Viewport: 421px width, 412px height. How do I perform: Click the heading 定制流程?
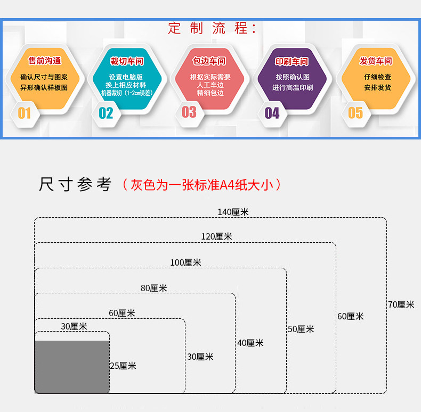[213, 28]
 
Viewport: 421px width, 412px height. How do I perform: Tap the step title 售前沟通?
[45, 61]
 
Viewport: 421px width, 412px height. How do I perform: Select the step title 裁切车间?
[127, 61]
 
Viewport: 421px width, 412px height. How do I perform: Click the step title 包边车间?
[209, 61]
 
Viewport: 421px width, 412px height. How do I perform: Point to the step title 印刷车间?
[292, 62]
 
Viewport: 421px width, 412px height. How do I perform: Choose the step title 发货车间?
[376, 61]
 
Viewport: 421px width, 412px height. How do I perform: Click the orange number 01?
[25, 113]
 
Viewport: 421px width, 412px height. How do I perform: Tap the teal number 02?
[106, 113]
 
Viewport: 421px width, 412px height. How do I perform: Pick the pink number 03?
[189, 112]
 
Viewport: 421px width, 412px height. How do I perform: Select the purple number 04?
[272, 113]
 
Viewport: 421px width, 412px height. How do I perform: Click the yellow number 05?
[355, 113]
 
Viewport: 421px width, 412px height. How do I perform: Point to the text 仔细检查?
[377, 77]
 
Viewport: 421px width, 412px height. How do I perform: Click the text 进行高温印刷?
[292, 88]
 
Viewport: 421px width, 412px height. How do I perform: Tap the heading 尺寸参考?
[75, 185]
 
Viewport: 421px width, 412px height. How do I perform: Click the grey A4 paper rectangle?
[72, 367]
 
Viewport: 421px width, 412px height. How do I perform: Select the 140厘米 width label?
[233, 212]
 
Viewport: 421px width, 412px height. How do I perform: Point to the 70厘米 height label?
[401, 304]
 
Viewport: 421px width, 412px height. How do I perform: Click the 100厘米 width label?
[185, 262]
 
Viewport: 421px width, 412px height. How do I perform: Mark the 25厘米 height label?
[123, 366]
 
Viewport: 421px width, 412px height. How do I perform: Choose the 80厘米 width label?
[153, 288]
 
